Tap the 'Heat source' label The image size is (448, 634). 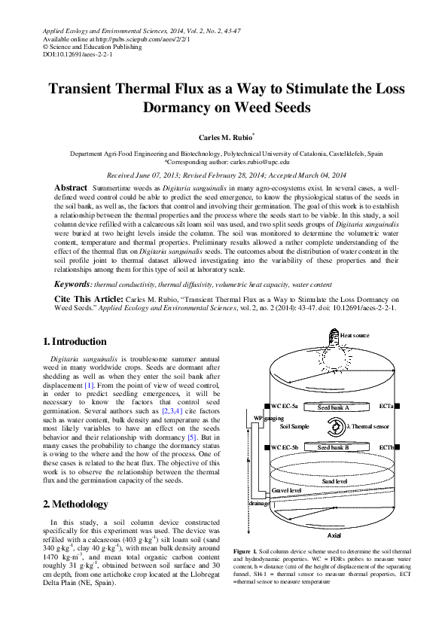[x=355, y=335]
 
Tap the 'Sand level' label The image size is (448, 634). [x=335, y=481]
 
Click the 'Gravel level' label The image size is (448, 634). [x=266, y=490]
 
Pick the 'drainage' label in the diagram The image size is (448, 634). [x=239, y=503]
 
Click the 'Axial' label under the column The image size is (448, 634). [x=335, y=534]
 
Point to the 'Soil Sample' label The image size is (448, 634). [x=294, y=426]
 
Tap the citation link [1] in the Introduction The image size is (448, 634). [x=89, y=386]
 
